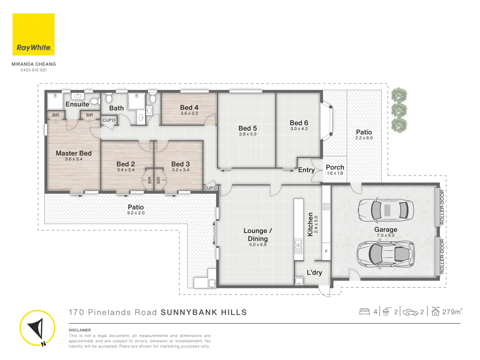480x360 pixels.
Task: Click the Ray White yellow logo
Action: (33, 34)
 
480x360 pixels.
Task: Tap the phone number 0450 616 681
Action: (34, 70)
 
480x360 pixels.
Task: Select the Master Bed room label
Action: (74, 153)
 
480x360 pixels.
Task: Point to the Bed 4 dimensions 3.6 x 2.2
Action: (189, 113)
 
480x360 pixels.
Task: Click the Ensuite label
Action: (77, 104)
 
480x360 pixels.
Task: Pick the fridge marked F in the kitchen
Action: (326, 251)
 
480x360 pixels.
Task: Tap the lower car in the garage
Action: (386, 254)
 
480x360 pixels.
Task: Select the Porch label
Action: (335, 167)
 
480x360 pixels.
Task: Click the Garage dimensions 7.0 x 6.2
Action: (386, 235)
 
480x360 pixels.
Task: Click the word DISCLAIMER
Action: (80, 330)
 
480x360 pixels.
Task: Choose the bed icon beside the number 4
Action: (364, 312)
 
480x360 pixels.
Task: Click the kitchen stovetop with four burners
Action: (326, 206)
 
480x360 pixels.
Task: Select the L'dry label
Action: (314, 272)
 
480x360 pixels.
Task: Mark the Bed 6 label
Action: (299, 123)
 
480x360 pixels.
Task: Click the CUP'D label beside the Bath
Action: (109, 120)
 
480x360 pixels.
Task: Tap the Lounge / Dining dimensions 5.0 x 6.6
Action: (258, 244)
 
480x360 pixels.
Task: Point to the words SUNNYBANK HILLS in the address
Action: (204, 312)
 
